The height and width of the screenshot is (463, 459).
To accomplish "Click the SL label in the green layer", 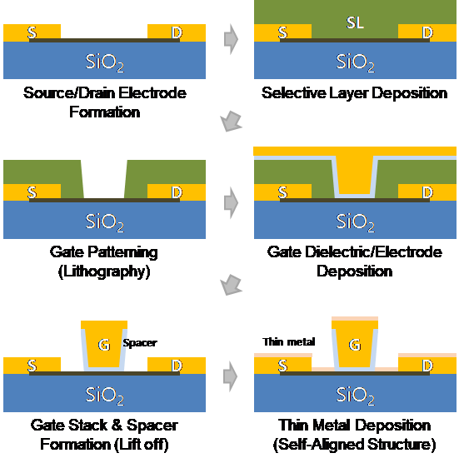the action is (x=355, y=22).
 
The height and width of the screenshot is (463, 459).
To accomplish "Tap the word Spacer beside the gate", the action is (x=140, y=343).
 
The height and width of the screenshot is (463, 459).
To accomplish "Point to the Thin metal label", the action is (x=289, y=341).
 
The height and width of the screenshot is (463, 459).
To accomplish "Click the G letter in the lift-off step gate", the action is (x=104, y=345).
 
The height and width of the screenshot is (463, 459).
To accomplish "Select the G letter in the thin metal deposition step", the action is (x=355, y=345).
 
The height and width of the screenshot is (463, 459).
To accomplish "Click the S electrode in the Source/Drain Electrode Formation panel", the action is (x=32, y=32).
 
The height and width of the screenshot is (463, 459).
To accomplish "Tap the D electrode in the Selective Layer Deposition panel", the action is (x=427, y=32).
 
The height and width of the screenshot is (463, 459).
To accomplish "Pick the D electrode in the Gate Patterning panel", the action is (x=177, y=192).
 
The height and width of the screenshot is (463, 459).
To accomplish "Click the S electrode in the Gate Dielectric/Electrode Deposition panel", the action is (x=282, y=192).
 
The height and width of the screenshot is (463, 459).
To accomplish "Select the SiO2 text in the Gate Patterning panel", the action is (x=105, y=222).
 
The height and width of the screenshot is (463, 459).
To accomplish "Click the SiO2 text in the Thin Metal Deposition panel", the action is (x=356, y=396).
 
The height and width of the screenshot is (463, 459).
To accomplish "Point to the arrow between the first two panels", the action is (x=231, y=39).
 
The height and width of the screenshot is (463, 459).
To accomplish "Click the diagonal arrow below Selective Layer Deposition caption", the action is (x=231, y=121).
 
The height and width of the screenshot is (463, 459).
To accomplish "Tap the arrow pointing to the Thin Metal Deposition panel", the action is (x=231, y=376).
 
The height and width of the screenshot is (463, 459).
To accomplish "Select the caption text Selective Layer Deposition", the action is (x=354, y=93).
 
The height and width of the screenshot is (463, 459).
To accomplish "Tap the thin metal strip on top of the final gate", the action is (x=355, y=319).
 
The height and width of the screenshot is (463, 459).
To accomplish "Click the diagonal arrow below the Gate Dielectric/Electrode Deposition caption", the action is (x=231, y=285).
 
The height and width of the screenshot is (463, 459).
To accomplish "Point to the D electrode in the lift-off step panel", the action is (x=177, y=365).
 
